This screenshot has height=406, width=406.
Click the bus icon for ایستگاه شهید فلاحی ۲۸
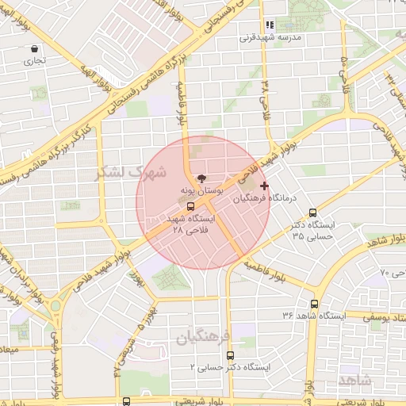[x=190, y=205]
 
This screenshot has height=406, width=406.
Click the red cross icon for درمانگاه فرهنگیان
[x=264, y=185]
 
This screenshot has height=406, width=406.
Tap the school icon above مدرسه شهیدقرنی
[x=270, y=25]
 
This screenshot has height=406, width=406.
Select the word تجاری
[x=34, y=60]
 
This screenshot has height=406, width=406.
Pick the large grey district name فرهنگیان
[x=203, y=337]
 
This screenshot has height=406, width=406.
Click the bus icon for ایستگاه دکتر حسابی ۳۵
[x=313, y=212]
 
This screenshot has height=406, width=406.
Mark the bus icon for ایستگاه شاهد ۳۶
[x=315, y=303]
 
